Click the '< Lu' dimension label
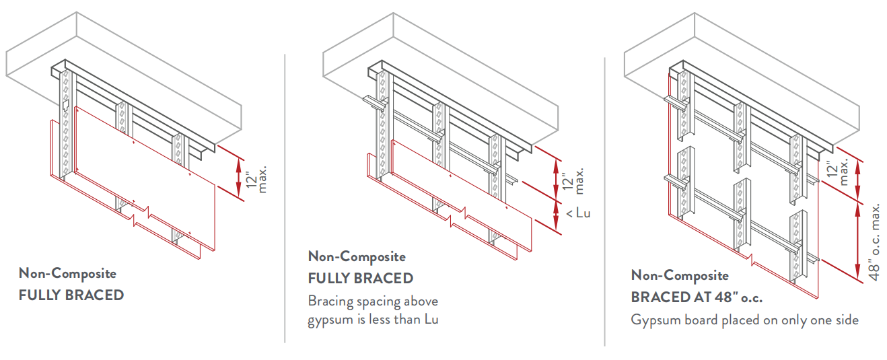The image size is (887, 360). pyautogui.click(x=578, y=213)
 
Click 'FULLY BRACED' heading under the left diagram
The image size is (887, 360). pyautogui.click(x=71, y=295)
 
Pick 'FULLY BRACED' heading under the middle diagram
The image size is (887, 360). pyautogui.click(x=361, y=278)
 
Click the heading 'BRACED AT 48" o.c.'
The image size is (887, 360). pyautogui.click(x=697, y=297)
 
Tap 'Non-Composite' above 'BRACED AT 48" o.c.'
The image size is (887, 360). pyautogui.click(x=680, y=275)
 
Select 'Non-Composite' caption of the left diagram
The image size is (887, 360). pyautogui.click(x=67, y=273)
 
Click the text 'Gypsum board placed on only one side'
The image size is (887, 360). pyautogui.click(x=744, y=320)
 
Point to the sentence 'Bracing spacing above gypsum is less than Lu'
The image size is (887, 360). pyautogui.click(x=374, y=310)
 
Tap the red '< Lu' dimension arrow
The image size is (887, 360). pyautogui.click(x=556, y=215)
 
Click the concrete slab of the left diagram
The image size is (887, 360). pyautogui.click(x=121, y=54)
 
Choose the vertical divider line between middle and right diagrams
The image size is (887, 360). pyautogui.click(x=604, y=202)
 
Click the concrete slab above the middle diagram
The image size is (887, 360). pyautogui.click(x=437, y=54)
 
